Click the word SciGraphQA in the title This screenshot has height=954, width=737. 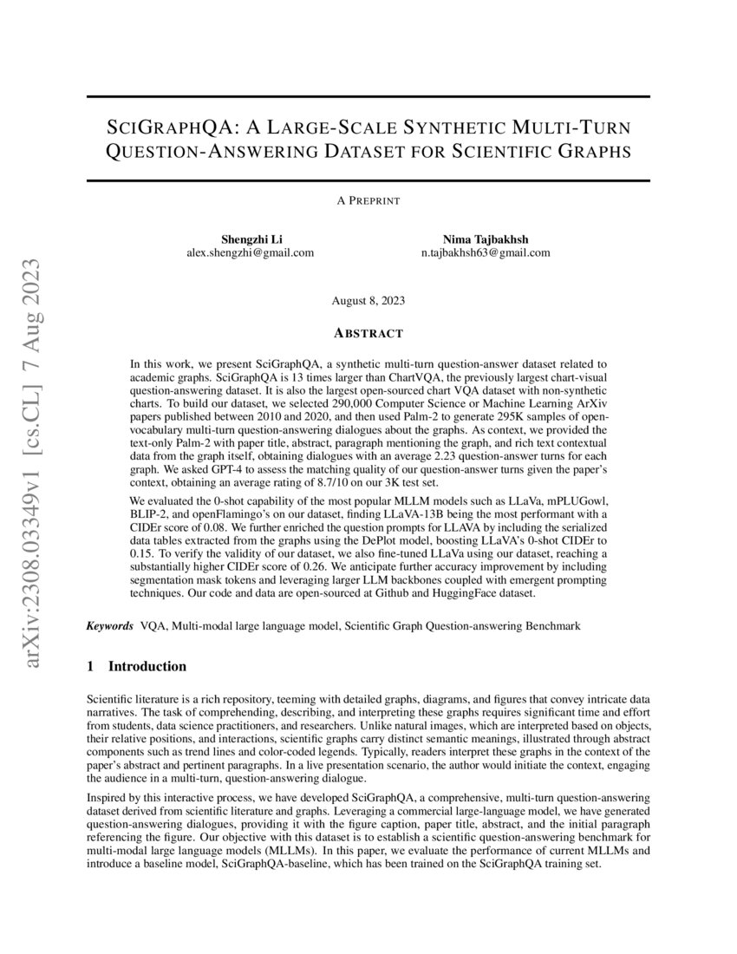pyautogui.click(x=166, y=127)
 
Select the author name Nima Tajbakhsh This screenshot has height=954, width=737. pyautogui.click(x=485, y=238)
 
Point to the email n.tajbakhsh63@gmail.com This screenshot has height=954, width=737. pyautogui.click(x=485, y=252)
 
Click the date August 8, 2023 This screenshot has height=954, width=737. pyautogui.click(x=368, y=301)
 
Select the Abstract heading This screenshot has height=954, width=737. pyautogui.click(x=368, y=333)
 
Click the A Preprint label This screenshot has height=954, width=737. pyautogui.click(x=368, y=200)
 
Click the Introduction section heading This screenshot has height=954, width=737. pyautogui.click(x=147, y=667)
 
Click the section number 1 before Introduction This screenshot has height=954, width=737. pyautogui.click(x=91, y=667)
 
